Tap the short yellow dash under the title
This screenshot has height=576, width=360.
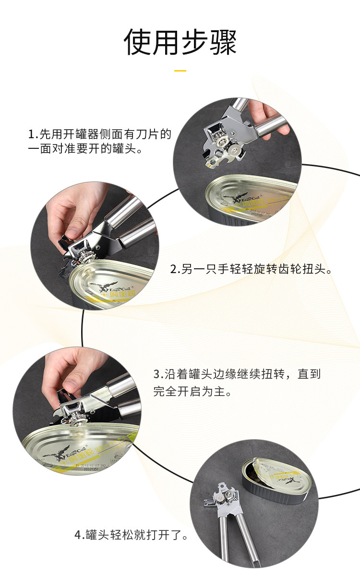pos(180,71)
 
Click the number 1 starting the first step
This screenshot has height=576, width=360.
pos(32,133)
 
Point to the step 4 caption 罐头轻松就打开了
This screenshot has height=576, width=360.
pos(131,535)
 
